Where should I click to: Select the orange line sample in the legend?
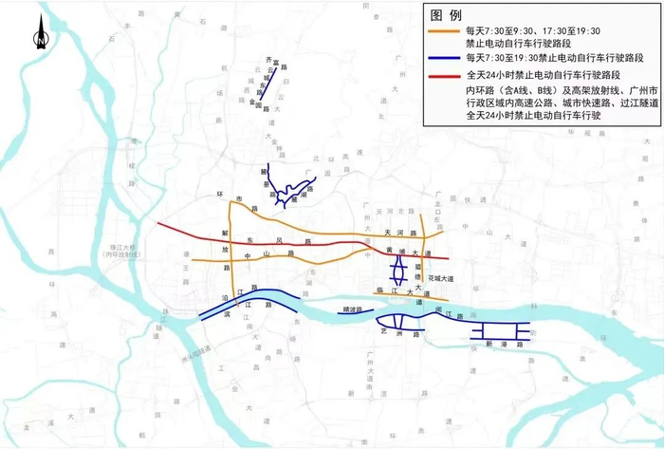[x=441, y=30]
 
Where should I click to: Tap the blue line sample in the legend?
[x=441, y=57]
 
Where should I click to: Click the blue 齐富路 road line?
[x=268, y=81]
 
